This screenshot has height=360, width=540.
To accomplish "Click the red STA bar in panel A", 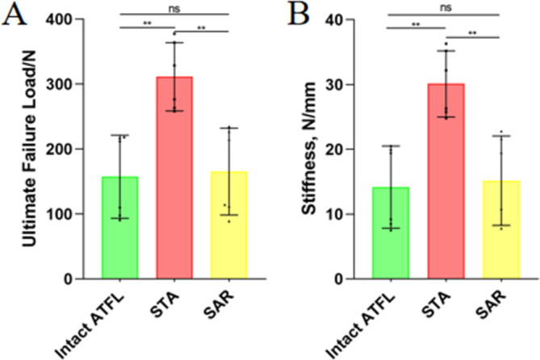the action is coord(174,178).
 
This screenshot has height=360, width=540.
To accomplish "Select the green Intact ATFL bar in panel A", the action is coord(119,228).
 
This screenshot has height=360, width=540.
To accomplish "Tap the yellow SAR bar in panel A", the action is coord(229,225).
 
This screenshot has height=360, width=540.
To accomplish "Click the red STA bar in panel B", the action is coord(446,181).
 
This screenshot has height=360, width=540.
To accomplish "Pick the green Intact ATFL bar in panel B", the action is coord(391,232).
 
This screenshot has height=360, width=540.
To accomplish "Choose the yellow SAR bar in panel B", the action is coord(501,229).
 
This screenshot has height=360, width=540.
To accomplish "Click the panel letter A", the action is coord(14,14).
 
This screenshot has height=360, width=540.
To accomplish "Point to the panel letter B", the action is coord(299,14).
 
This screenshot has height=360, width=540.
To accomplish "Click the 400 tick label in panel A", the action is coord(60,19).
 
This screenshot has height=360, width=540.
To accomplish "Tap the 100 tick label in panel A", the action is coord(60,214).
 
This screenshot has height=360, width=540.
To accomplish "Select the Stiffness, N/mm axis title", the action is coord(309,149).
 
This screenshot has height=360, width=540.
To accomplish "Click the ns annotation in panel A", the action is coord(174,9).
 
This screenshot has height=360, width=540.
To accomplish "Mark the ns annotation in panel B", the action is coord(446,7).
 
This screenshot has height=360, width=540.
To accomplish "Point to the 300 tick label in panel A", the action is coord(60,84).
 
